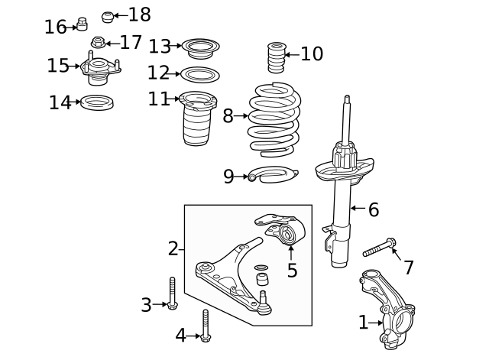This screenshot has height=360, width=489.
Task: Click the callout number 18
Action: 139,15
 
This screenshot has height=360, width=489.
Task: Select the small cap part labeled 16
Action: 82,24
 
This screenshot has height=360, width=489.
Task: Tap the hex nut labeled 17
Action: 98,42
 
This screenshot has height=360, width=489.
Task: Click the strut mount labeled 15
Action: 100,68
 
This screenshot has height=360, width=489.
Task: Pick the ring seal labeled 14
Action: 97,102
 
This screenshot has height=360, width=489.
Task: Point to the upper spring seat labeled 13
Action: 200,48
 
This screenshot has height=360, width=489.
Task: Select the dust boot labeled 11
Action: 197,118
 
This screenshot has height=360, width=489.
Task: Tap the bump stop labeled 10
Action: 277,57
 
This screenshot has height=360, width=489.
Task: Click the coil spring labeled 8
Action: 274,120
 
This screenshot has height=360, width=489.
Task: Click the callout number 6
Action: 374,209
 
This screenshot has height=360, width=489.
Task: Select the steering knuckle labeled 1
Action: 387,309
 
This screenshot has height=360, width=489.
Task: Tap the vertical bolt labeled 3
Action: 172,294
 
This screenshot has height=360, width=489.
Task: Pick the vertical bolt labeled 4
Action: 206,326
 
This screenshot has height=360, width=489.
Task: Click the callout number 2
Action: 173,248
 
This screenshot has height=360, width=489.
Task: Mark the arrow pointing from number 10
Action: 292,55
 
